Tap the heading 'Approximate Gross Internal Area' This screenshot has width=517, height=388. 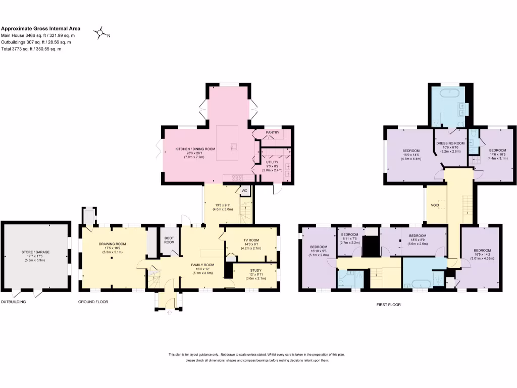pos(40,29)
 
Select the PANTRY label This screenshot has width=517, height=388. pos(272,133)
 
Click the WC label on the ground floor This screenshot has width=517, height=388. pos(244,190)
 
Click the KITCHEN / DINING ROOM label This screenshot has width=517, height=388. pos(195,149)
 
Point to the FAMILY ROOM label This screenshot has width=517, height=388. pos(202,265)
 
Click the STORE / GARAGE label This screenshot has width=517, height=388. pos(37,252)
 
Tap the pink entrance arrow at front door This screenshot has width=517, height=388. pos(169,313)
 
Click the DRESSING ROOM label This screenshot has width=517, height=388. pos(450,143)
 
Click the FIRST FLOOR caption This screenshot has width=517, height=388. pos(388,305)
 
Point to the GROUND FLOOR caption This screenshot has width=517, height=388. pos(93,302)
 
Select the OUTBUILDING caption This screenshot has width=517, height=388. pos(13,302)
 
